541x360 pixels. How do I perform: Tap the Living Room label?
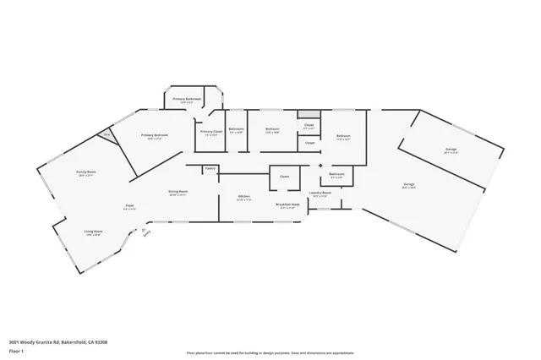click(x=93, y=232)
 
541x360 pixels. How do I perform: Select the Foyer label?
click(x=130, y=205)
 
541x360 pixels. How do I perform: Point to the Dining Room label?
click(x=178, y=193)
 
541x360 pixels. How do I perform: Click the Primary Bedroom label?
click(x=154, y=136)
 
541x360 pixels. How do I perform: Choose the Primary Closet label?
click(x=210, y=133)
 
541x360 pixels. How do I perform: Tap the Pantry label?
click(x=210, y=169)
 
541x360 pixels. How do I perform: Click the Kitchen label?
click(x=243, y=198)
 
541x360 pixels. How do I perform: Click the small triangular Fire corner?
click(x=107, y=134)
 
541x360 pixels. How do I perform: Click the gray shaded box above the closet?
click(x=309, y=114)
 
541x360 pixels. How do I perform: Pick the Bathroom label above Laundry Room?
click(x=336, y=176)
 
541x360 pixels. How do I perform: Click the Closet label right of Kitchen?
click(x=284, y=177)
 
